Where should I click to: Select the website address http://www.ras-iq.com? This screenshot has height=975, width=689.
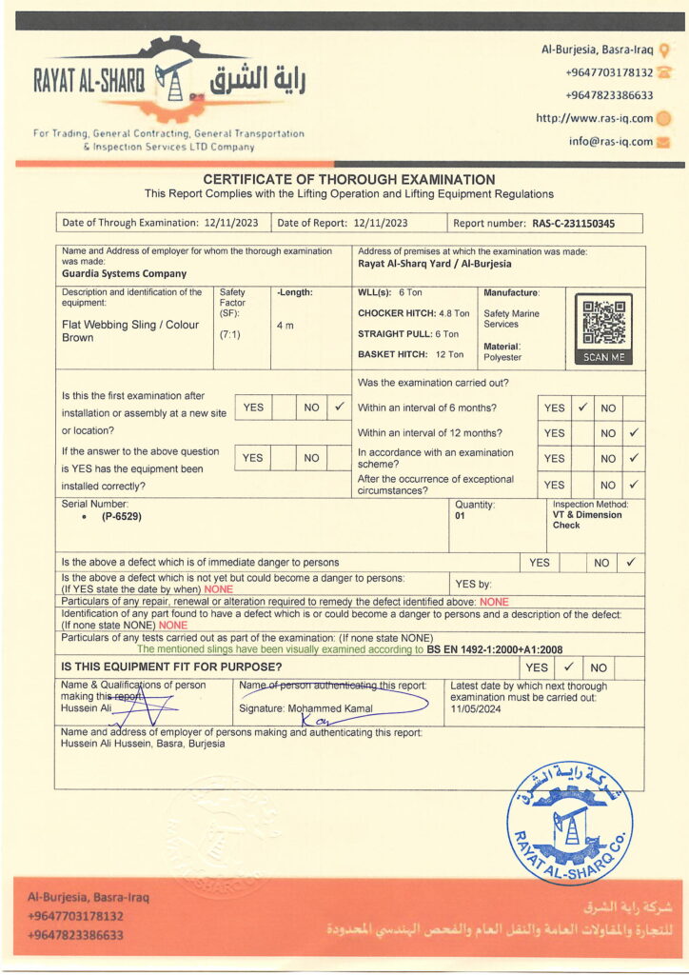594,119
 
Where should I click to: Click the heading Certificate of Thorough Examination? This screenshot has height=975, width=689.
348,179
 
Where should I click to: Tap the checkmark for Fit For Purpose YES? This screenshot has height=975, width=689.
567,667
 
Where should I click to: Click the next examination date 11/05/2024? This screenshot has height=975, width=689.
477,709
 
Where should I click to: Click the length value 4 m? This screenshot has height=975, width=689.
285,325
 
